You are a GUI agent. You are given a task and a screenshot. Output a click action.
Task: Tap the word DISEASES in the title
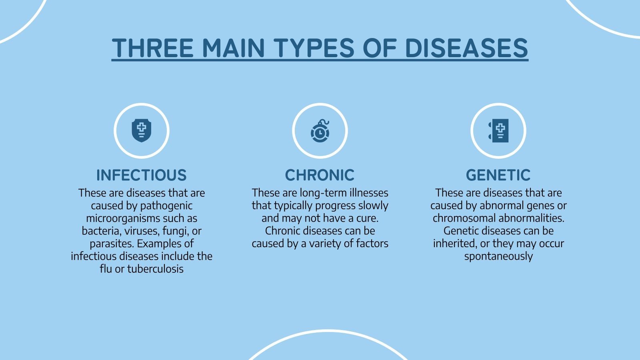point(466,48)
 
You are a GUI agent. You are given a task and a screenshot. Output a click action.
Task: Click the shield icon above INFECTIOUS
point(142,131)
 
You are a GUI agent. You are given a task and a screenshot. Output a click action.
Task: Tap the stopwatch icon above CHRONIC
point(320,131)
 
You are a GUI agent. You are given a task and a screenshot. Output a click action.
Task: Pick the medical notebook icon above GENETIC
point(498,131)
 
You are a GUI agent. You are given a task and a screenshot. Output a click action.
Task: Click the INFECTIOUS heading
point(142,175)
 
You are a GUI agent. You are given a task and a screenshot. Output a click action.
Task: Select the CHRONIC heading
point(320,175)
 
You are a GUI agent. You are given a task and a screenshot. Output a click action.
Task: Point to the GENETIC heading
point(498,175)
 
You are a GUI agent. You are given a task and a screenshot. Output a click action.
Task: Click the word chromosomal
point(464,218)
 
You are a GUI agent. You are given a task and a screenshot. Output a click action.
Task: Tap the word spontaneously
point(498,256)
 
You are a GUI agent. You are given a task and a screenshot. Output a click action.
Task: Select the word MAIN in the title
point(234,48)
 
